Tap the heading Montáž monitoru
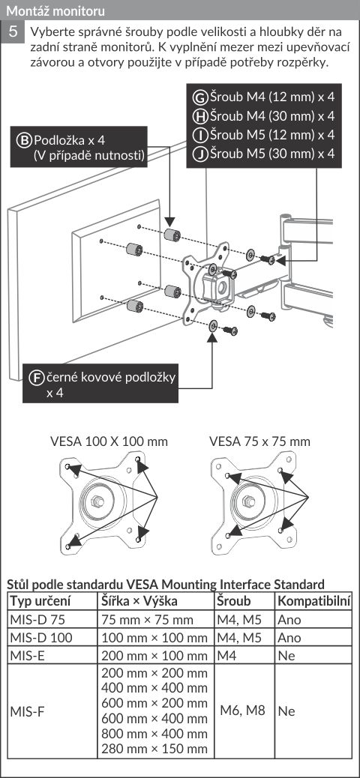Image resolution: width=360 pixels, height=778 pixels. tap(55, 10)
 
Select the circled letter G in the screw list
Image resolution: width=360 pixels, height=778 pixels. tap(199, 97)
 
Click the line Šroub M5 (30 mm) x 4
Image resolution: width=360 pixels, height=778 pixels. tap(271, 154)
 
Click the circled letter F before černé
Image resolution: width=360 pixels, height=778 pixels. tap(37, 378)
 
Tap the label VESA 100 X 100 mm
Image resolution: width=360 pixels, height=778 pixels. tap(109, 441)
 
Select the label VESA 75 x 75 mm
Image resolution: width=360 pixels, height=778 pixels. tap(259, 441)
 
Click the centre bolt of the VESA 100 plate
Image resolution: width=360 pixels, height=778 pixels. tap(97, 501)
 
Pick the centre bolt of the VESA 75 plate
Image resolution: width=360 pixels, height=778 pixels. tap(249, 501)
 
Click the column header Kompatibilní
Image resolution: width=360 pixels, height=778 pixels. tap(314, 601)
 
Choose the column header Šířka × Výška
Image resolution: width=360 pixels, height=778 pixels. tap(139, 601)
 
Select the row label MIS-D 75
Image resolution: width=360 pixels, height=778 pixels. tap(37, 619)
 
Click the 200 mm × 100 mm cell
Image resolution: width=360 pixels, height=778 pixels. tap(154, 655)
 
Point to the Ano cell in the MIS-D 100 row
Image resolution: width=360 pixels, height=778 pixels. tap(289, 638)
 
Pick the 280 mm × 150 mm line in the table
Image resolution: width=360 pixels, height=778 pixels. tap(154, 748)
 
